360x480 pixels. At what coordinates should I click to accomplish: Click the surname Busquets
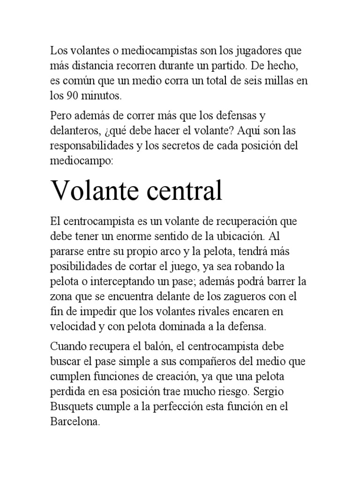[x=72, y=408]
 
